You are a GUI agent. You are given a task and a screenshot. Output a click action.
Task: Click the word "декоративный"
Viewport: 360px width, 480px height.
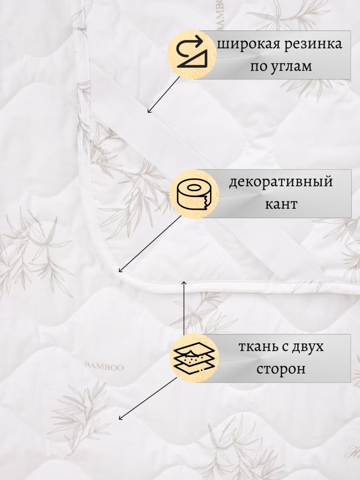pos(281,182)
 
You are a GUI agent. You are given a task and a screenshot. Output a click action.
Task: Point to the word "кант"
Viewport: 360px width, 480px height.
pos(281,204)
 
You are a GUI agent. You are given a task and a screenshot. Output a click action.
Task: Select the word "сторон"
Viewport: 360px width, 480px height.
pos(281,369)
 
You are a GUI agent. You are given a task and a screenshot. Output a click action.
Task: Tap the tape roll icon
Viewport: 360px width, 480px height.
pos(195,194)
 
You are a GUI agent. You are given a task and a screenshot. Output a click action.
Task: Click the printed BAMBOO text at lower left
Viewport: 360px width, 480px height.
pos(105,367)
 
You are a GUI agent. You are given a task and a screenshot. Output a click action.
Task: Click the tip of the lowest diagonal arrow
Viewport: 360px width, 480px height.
pos(120,419)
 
